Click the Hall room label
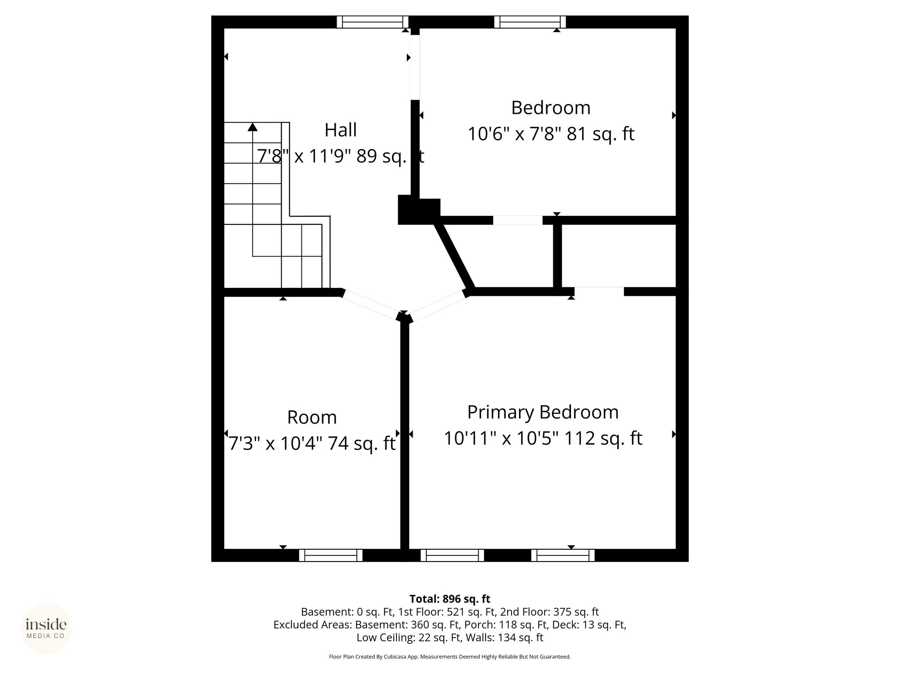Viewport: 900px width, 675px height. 341,130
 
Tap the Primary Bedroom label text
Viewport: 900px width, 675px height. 543,413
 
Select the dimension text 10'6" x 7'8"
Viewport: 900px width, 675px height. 514,134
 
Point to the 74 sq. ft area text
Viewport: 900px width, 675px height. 362,443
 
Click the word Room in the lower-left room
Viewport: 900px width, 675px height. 312,417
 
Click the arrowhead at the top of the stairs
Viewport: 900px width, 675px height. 252,127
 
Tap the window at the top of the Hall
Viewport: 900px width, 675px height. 373,22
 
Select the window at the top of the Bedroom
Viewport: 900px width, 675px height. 530,22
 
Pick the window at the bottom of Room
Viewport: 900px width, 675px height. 331,555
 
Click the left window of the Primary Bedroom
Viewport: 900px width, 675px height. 452,555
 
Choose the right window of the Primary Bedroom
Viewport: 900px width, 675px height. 563,555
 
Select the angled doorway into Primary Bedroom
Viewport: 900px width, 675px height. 438,306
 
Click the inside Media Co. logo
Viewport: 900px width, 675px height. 46,629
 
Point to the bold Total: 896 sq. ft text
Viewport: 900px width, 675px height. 450,599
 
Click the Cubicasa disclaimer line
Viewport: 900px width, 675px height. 450,657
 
